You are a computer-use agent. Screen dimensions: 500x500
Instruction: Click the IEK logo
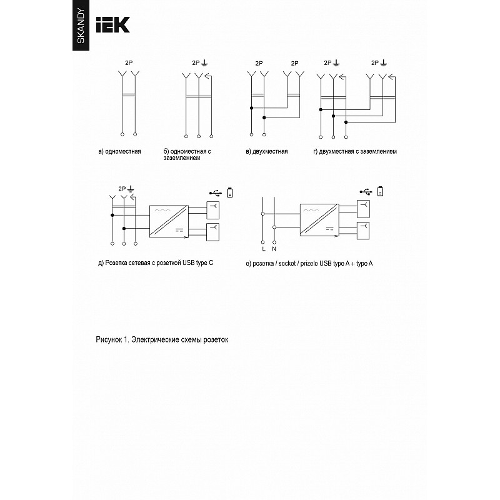click(x=113, y=25)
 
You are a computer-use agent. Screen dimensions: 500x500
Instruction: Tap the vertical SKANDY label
click(x=81, y=26)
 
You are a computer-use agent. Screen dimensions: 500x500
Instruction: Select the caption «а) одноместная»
click(x=119, y=151)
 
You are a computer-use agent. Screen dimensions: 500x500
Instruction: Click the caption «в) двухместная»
click(x=267, y=151)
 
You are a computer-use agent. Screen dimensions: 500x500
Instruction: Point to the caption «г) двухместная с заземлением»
click(x=355, y=151)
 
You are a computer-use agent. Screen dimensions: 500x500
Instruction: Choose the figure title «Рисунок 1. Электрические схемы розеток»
click(x=162, y=339)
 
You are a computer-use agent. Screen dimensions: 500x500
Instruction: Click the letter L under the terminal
click(x=263, y=249)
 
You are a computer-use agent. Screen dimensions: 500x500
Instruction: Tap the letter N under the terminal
click(x=274, y=249)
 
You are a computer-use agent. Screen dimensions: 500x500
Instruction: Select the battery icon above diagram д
click(x=229, y=192)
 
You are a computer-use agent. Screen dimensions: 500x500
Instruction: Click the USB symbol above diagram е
click(x=366, y=192)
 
